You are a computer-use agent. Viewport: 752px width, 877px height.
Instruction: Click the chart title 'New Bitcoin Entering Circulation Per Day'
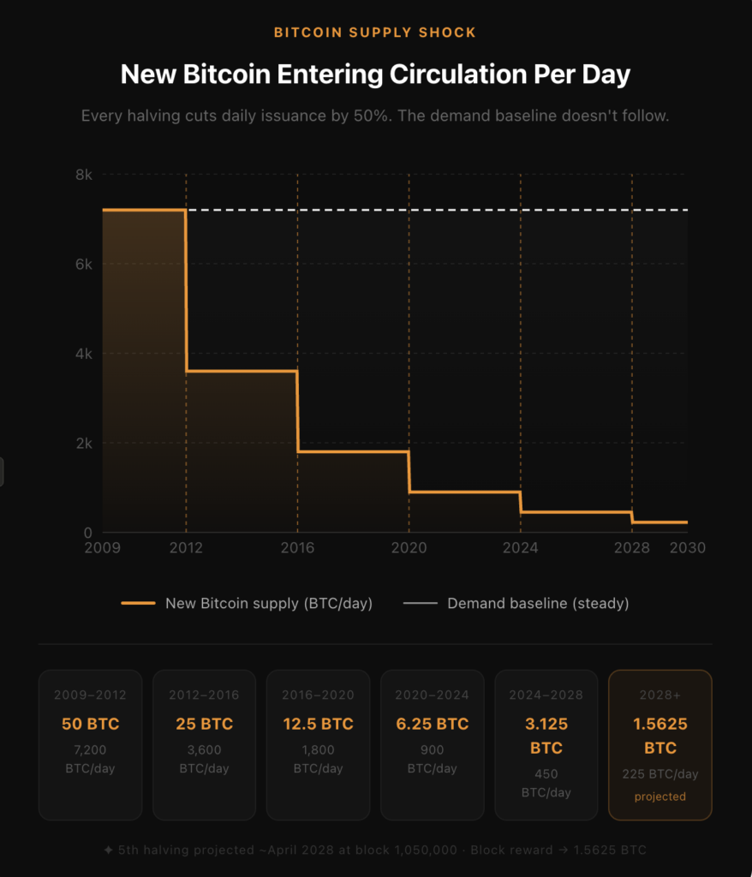tap(375, 75)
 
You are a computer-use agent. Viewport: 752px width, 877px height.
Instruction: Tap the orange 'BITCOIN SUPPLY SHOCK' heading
tap(375, 33)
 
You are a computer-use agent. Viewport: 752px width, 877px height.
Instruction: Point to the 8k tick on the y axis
tap(84, 175)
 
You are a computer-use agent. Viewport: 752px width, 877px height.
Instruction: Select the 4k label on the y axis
tap(84, 354)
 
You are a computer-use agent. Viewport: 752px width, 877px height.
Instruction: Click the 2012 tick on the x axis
tap(186, 548)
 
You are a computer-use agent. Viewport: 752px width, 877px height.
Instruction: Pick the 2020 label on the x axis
tap(409, 548)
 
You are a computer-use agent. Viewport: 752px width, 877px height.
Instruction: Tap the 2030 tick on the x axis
tap(688, 548)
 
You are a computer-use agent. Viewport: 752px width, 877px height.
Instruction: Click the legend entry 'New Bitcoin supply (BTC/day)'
tap(269, 603)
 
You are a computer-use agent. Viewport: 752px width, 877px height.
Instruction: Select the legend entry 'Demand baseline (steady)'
tap(538, 603)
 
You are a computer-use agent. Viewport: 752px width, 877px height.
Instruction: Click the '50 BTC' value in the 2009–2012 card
tap(90, 724)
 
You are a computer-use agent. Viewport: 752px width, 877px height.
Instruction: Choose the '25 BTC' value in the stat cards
tap(204, 724)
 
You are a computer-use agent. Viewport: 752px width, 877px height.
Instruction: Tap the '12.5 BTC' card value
tap(318, 724)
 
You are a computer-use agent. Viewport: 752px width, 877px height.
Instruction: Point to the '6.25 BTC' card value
tap(432, 724)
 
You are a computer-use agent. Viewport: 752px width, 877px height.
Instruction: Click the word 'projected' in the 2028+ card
tap(660, 796)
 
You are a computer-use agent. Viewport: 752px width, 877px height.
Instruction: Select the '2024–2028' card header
tap(546, 695)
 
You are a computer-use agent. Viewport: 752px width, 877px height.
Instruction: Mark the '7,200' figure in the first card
tap(90, 750)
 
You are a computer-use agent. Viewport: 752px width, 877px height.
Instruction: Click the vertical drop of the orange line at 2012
tap(186, 291)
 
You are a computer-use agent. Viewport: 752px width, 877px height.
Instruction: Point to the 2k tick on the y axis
tap(84, 443)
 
